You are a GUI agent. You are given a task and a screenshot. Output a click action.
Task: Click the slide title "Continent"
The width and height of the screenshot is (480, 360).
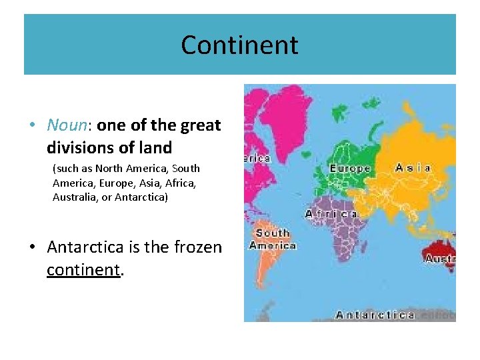pyautogui.click(x=239, y=45)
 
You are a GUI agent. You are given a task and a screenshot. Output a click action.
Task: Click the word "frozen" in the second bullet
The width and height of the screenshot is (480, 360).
pyautogui.click(x=197, y=247)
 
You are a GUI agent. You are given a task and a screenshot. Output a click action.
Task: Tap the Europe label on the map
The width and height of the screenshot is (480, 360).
pyautogui.click(x=349, y=169)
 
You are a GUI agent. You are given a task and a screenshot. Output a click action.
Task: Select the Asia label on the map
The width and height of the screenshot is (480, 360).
pyautogui.click(x=413, y=168)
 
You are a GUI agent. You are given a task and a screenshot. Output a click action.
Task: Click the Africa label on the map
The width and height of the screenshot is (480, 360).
pyautogui.click(x=331, y=214)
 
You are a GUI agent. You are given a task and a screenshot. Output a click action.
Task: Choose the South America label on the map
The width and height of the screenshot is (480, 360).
pyautogui.click(x=273, y=239)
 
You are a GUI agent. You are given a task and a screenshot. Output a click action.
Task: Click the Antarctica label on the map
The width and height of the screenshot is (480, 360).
pyautogui.click(x=375, y=315)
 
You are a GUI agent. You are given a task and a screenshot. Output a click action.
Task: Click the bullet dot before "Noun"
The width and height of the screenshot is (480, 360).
pyautogui.click(x=33, y=125)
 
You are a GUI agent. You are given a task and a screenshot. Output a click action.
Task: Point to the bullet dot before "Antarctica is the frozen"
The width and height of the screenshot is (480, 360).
pyautogui.click(x=33, y=248)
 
